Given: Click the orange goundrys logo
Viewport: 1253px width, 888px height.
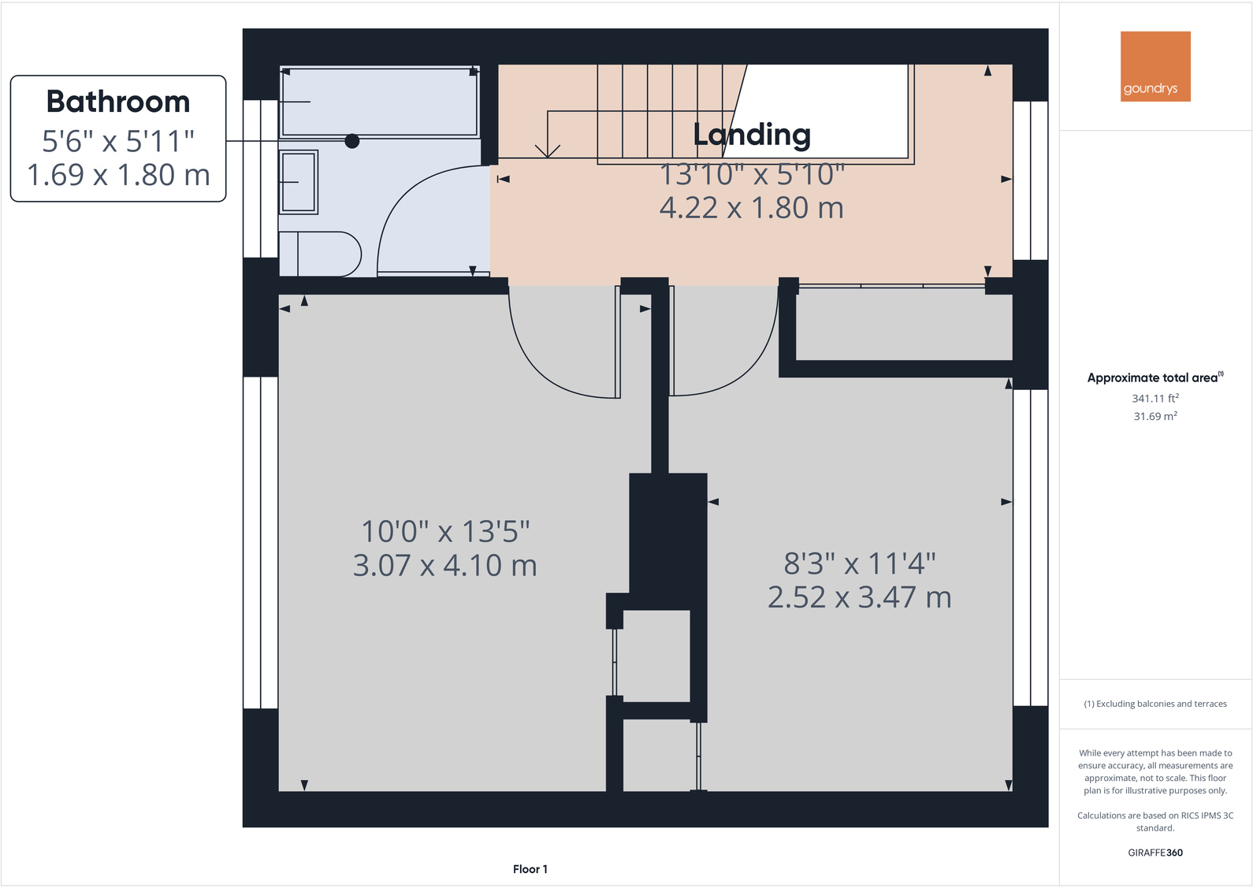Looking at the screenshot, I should (x=1154, y=66).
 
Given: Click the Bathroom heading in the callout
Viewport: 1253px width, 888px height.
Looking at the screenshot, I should (x=118, y=102).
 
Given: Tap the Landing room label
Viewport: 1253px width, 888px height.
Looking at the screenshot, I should (x=751, y=135).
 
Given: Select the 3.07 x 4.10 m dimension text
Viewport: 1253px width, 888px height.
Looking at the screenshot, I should (x=444, y=566).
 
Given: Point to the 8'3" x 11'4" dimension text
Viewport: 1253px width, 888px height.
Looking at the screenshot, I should (x=859, y=564).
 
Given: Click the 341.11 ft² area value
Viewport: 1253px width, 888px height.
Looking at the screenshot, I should (x=1154, y=399).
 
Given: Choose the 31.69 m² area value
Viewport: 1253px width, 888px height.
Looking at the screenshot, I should (x=1154, y=416).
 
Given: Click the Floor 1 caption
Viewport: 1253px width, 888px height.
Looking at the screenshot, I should (x=530, y=869).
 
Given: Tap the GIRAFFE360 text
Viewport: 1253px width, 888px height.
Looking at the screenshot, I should (x=1154, y=853).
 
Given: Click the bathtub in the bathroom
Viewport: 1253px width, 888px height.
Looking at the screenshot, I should (x=379, y=102).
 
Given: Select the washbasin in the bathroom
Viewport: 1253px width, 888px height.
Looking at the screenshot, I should (x=298, y=182).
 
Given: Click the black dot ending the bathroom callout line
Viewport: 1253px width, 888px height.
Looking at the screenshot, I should (x=352, y=141).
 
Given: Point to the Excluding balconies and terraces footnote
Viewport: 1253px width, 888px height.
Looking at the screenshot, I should (x=1154, y=704).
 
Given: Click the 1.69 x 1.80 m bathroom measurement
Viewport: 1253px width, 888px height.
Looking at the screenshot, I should (x=118, y=175).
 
